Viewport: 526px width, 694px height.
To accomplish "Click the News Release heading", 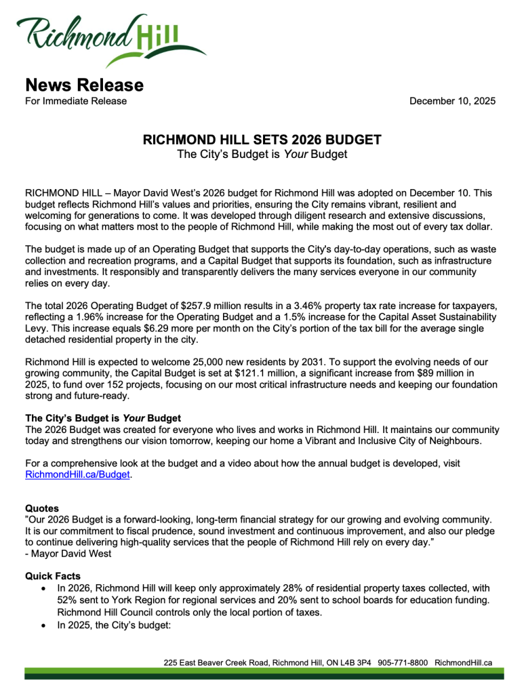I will point(84,85).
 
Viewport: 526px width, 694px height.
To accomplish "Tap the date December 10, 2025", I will point(452,101).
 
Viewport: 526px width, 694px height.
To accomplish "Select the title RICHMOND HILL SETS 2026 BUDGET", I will point(262,140).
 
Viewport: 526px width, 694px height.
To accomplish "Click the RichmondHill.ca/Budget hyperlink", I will point(77,475).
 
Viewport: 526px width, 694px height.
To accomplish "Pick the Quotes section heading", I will point(42,508).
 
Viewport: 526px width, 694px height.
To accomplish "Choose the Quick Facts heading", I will point(53,576).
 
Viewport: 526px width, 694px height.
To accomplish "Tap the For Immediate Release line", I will point(76,101).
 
